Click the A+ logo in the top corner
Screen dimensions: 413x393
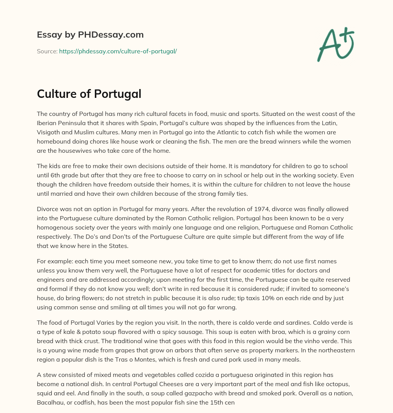pos(335,44)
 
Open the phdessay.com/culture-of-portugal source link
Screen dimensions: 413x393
pos(118,51)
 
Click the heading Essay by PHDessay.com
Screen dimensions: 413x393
pos(90,35)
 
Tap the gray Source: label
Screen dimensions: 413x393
pos(47,51)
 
